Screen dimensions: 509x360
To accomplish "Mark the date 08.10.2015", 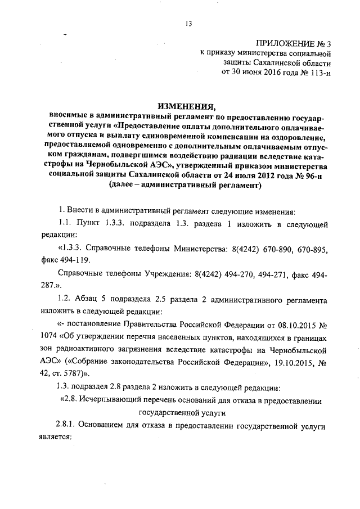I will click(x=295, y=325).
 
